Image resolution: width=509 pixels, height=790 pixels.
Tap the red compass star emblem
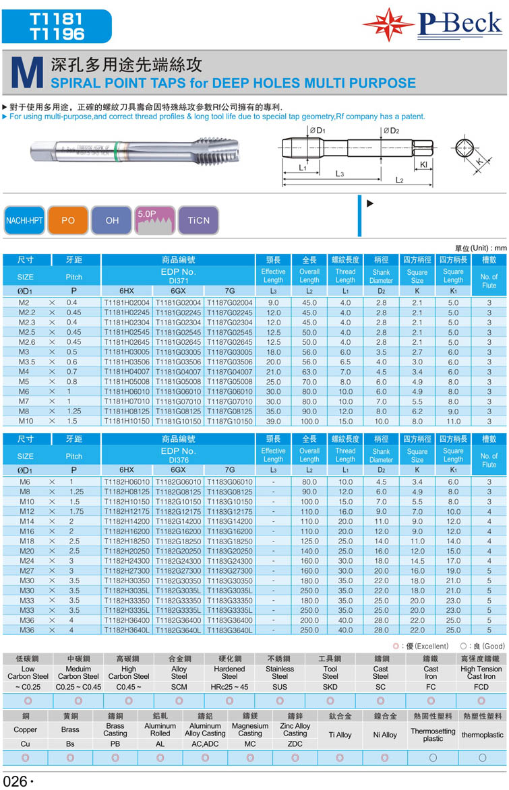(x=388, y=25)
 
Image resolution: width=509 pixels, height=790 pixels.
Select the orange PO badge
(x=68, y=220)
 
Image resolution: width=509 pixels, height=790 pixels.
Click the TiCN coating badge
(x=199, y=220)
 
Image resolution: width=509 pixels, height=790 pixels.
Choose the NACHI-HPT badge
(x=25, y=220)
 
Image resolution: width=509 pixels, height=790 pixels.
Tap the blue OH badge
(x=112, y=220)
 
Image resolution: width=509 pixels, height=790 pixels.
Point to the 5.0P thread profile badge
(x=155, y=220)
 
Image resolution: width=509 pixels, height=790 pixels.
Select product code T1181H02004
(x=127, y=302)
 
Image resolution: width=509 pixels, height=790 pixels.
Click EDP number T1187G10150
(x=229, y=421)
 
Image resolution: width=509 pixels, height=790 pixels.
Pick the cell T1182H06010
(x=127, y=482)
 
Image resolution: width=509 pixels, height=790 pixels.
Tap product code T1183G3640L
(x=229, y=630)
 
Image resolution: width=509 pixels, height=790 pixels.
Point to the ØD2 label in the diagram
(x=391, y=130)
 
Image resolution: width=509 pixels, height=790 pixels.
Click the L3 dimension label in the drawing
(x=340, y=174)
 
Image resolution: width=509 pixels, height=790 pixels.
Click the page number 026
(x=15, y=781)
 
